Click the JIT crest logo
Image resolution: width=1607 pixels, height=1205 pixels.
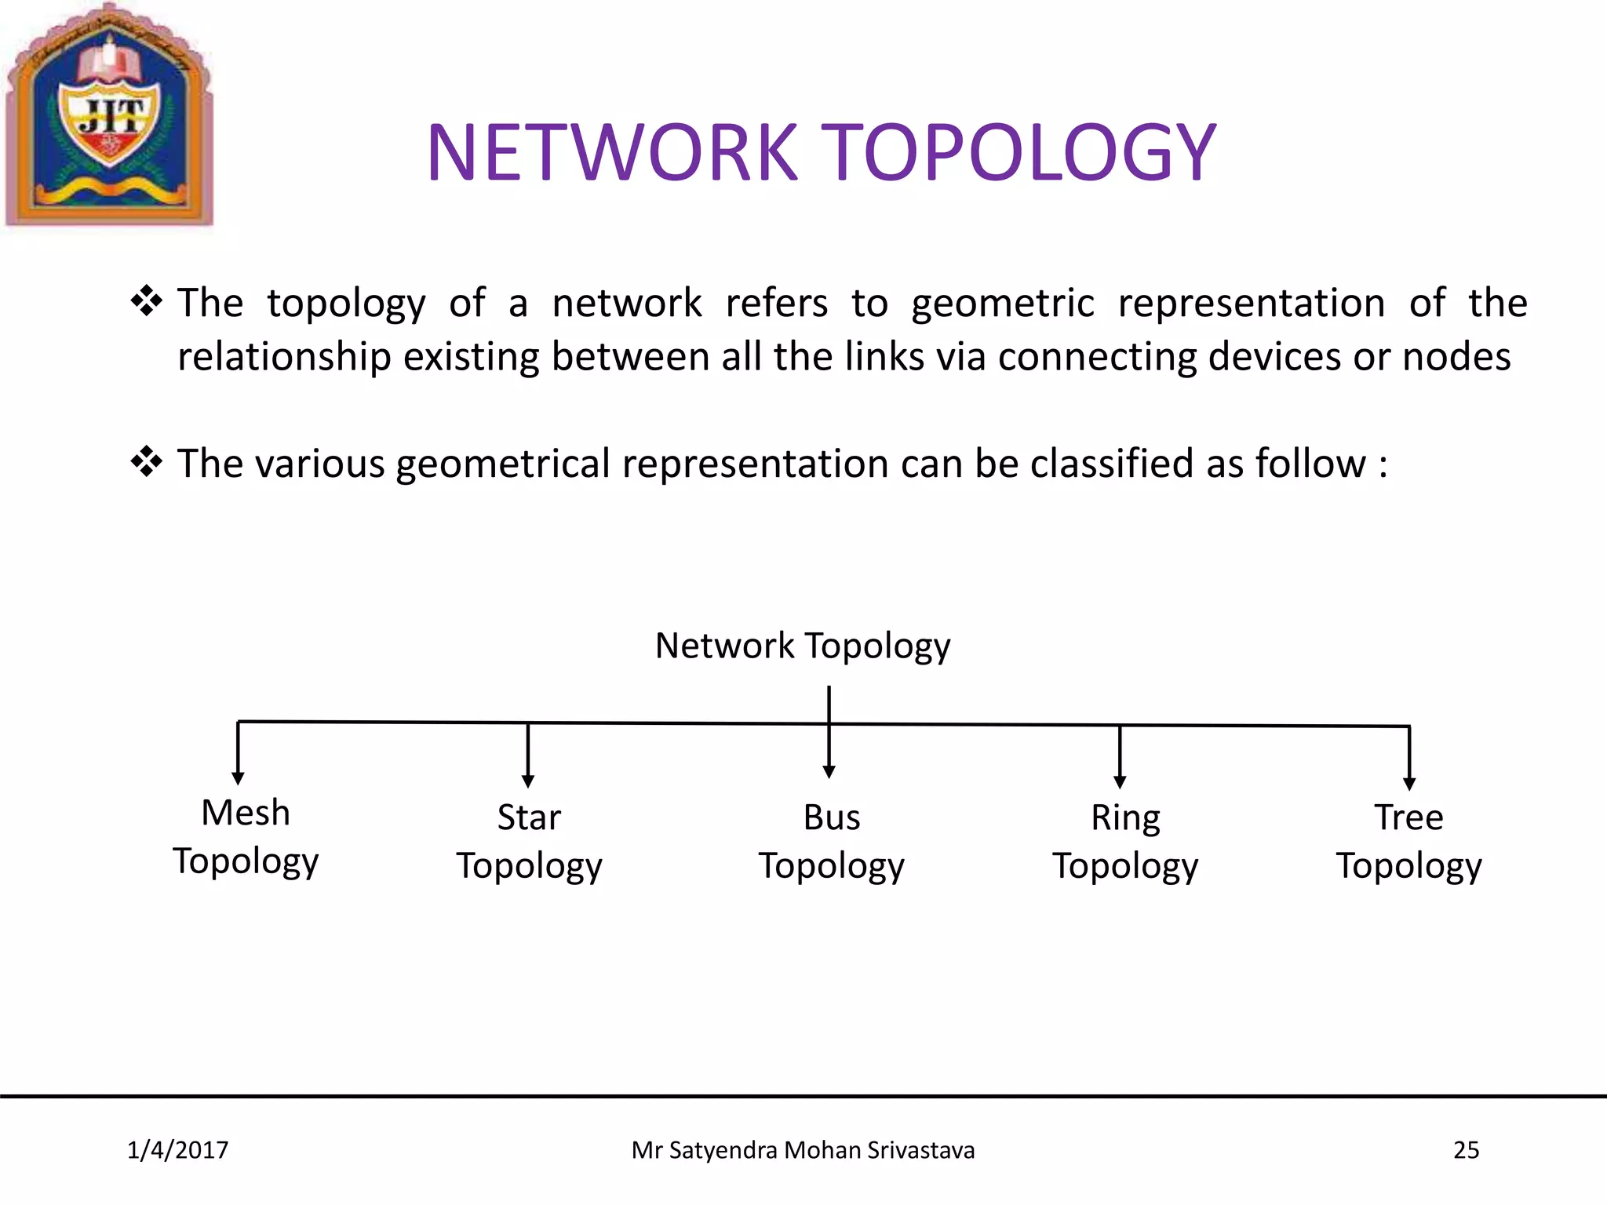[110, 116]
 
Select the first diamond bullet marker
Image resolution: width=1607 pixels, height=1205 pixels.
[146, 301]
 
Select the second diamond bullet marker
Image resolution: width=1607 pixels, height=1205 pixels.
[146, 462]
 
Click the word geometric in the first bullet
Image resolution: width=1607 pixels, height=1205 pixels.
[1002, 304]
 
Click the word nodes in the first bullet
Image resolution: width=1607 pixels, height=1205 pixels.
[1456, 357]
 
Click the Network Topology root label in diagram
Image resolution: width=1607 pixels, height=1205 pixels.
[803, 646]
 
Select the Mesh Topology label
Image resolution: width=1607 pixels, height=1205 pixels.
[246, 836]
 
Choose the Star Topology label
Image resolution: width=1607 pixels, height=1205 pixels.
[529, 841]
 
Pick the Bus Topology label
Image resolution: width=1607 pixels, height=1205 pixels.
[831, 841]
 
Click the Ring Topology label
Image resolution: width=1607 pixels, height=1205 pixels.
[1124, 841]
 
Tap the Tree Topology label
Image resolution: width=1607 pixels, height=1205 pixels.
[1408, 841]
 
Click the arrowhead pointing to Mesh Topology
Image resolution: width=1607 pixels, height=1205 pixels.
[238, 778]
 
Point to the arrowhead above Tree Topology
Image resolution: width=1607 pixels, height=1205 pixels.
[1409, 783]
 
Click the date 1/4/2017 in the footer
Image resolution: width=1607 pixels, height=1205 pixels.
[177, 1150]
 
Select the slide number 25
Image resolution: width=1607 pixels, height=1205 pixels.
[1466, 1150]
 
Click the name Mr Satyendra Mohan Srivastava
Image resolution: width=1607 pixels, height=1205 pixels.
[803, 1150]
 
